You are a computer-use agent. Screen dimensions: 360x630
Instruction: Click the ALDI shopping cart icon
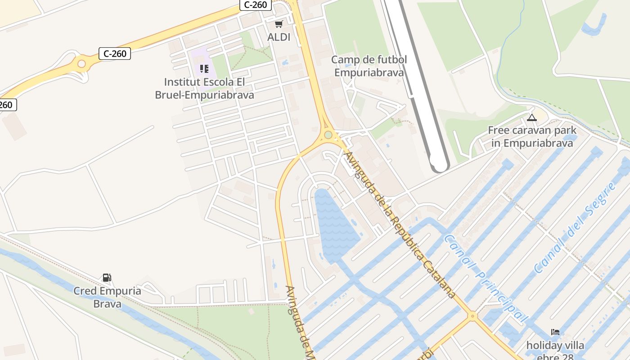(279, 24)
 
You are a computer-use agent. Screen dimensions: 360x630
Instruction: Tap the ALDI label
(279, 37)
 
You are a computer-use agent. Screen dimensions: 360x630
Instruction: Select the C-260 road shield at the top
(255, 5)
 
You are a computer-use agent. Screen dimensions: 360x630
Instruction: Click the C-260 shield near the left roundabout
(115, 54)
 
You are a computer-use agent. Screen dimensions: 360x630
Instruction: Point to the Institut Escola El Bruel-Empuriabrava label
(204, 89)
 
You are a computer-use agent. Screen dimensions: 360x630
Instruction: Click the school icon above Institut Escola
(204, 69)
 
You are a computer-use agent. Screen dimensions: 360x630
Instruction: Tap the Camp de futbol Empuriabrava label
(369, 66)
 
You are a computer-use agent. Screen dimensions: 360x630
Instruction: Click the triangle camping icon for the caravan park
(532, 118)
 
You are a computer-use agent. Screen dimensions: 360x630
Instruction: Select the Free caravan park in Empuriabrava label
(532, 137)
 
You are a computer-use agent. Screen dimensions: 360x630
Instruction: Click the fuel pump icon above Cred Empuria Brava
(107, 278)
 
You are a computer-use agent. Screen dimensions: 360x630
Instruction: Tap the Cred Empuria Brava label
(107, 297)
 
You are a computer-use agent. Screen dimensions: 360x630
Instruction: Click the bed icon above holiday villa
(555, 333)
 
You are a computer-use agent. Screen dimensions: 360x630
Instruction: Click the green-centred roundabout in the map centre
(328, 135)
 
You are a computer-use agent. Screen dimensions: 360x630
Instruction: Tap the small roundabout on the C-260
(81, 63)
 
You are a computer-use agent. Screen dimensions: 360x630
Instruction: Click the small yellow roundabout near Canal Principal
(472, 316)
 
